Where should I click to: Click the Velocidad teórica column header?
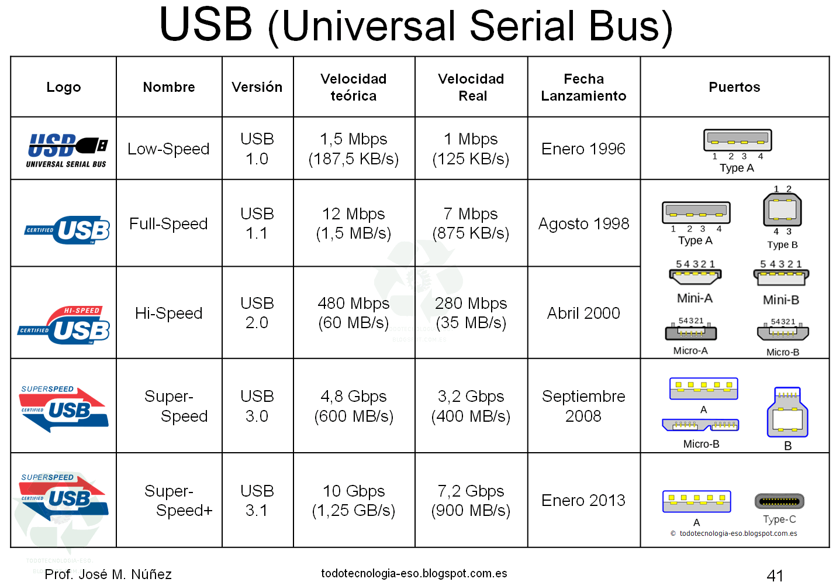[x=354, y=87]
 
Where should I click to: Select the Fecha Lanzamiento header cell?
[x=583, y=87]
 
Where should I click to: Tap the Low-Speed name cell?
[x=168, y=149]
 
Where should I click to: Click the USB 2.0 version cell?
[x=257, y=313]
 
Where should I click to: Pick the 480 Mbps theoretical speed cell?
[x=354, y=313]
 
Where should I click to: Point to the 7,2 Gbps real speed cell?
[x=471, y=500]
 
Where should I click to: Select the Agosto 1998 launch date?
[x=583, y=223]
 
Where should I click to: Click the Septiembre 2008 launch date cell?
[x=583, y=406]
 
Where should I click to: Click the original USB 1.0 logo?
[x=67, y=150]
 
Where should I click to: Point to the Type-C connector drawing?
[x=779, y=501]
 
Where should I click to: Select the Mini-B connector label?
[x=780, y=300]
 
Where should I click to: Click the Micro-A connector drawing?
[x=691, y=333]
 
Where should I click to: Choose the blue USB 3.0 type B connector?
[x=787, y=413]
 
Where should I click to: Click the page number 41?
[x=775, y=575]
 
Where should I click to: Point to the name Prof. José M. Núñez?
[x=108, y=574]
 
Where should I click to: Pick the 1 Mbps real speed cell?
[x=471, y=149]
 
